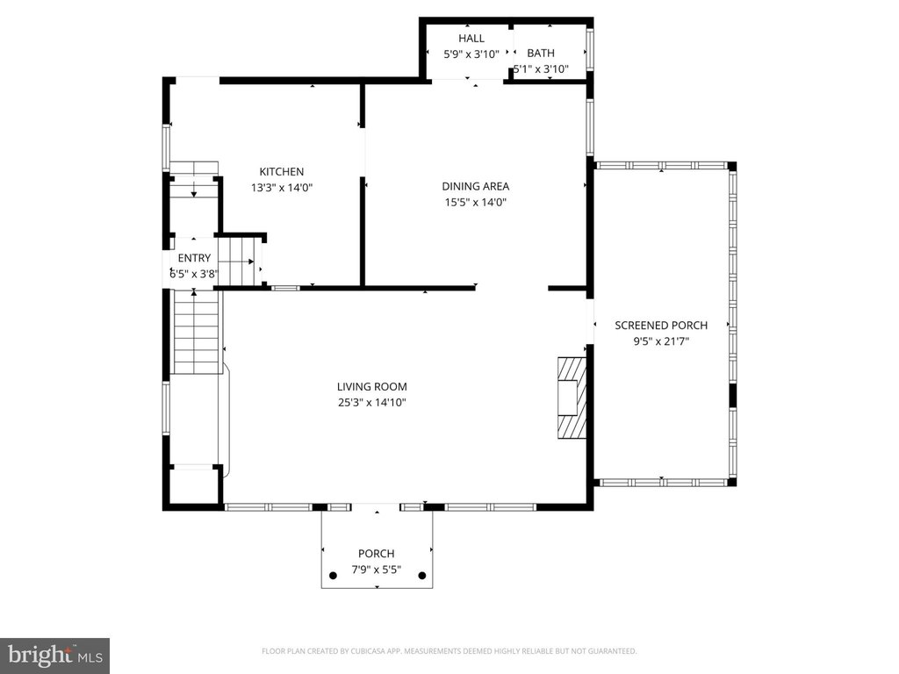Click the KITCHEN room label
[x=282, y=171]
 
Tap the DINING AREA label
[x=475, y=186]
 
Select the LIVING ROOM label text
[x=371, y=387]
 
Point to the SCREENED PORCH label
[x=661, y=326]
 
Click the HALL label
[x=471, y=39]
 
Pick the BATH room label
[x=541, y=54]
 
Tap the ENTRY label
[x=194, y=258]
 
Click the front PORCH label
[x=376, y=554]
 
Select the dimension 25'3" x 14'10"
[x=371, y=402]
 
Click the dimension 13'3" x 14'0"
[x=282, y=188]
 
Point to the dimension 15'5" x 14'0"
[x=476, y=203]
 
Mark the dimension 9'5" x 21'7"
[x=661, y=341]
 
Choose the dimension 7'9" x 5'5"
[x=376, y=570]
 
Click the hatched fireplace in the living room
[x=572, y=398]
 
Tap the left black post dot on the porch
[x=333, y=576]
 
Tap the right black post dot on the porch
[x=422, y=576]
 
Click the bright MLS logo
[x=54, y=656]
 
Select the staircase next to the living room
[x=196, y=333]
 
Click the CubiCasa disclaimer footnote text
[x=449, y=651]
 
